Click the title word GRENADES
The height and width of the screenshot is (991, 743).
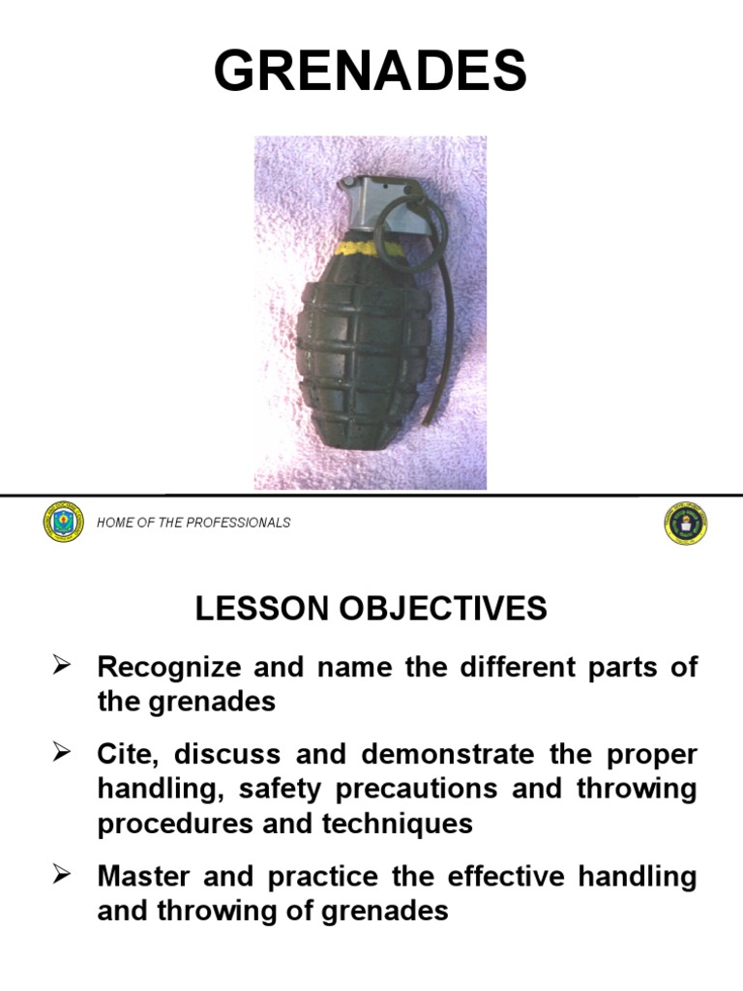[x=371, y=73]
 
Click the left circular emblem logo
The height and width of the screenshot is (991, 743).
[x=64, y=523]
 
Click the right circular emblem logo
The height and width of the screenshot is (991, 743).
[x=685, y=523]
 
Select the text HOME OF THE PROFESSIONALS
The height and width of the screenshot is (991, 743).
[x=193, y=523]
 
